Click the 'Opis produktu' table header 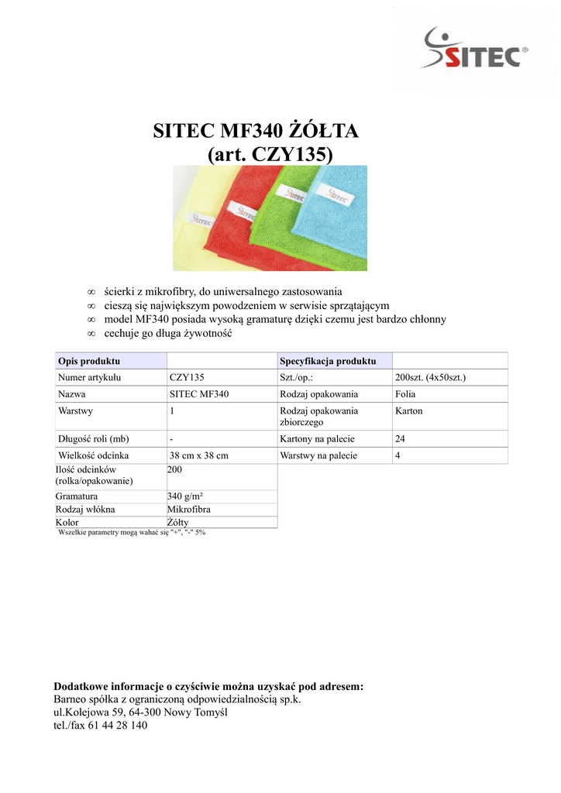click(89, 362)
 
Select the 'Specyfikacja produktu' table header click(328, 362)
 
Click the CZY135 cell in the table click(186, 378)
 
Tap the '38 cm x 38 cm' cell click(198, 456)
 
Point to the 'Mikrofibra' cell click(189, 510)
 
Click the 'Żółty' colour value click(177, 523)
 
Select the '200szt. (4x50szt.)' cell click(430, 378)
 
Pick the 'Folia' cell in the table click(405, 394)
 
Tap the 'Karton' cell click(408, 411)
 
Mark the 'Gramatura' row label click(76, 496)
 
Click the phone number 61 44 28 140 click(116, 726)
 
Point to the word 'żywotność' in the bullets click(209, 334)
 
